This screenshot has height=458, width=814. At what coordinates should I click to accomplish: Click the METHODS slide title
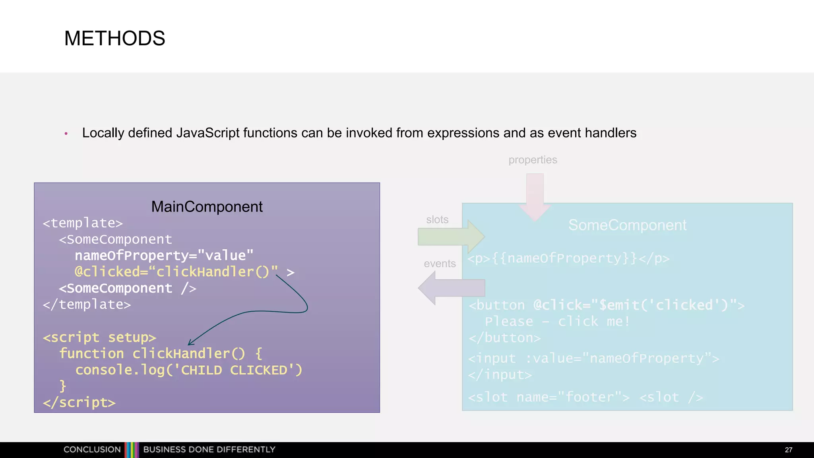(114, 39)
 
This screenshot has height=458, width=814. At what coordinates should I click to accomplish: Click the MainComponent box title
(207, 207)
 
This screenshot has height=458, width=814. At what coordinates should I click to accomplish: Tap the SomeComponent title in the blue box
(627, 225)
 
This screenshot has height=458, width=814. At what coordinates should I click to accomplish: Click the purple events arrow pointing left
(451, 288)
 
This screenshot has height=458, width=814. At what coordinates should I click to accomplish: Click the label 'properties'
(533, 160)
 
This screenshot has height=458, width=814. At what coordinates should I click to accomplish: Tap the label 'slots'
(437, 219)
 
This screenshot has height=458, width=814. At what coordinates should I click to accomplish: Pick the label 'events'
(440, 264)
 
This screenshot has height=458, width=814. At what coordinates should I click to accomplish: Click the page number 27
(789, 450)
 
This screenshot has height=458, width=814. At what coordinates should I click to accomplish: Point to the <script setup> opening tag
(99, 337)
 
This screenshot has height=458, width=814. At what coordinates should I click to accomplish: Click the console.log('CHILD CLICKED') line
(189, 370)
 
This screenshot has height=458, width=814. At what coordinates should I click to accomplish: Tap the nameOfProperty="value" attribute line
(164, 256)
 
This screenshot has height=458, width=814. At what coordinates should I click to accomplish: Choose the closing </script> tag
(79, 402)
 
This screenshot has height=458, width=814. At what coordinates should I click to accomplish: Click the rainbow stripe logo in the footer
(132, 450)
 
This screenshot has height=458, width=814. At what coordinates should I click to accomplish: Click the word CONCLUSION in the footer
(92, 450)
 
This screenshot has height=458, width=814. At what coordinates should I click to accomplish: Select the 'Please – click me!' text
(557, 321)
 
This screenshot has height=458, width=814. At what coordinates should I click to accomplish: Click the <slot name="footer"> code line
(548, 397)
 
